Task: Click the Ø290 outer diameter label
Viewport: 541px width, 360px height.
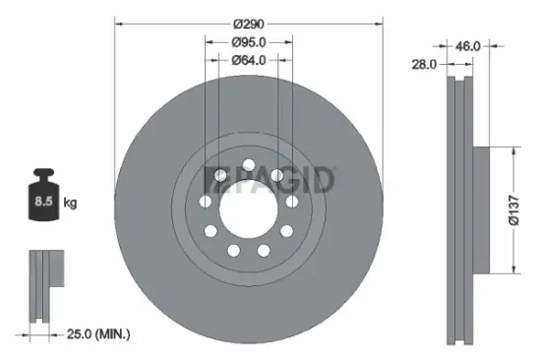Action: [x=248, y=20]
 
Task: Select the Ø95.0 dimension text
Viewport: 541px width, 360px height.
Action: [x=248, y=42]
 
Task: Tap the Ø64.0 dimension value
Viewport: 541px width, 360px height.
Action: [x=248, y=61]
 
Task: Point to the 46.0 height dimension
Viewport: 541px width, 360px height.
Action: [x=468, y=45]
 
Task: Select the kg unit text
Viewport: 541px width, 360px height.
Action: [x=70, y=203]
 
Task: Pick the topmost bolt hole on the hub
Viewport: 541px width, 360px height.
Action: [x=248, y=164]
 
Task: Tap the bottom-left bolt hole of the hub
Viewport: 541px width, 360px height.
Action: [x=234, y=251]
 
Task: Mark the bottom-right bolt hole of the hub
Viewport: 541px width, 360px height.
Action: [x=263, y=251]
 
